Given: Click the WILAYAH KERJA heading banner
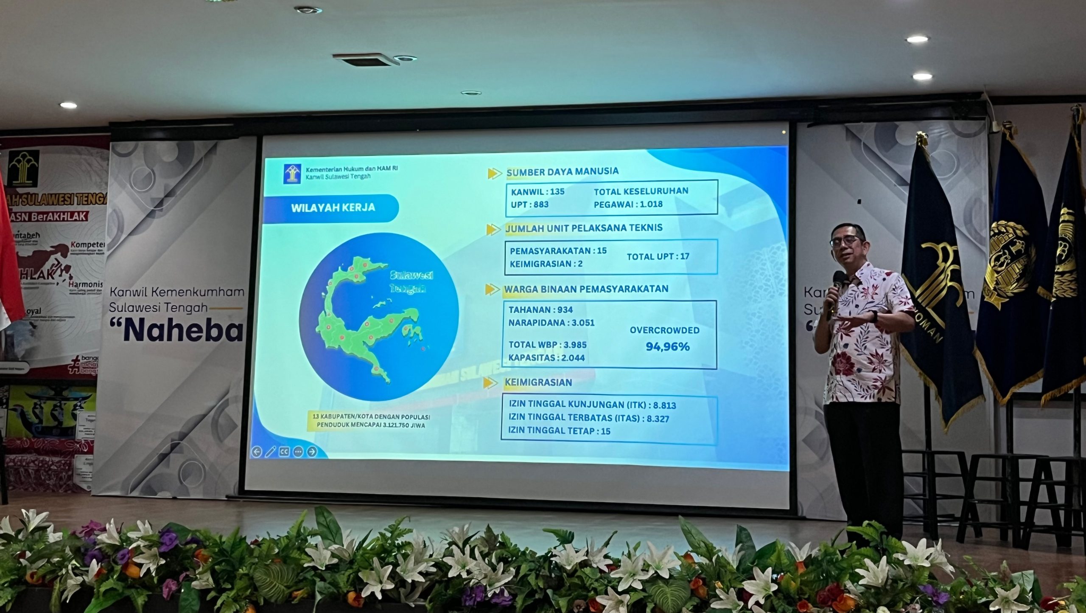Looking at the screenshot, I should coord(333,208).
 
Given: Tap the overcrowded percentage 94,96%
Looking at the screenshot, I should coord(668,347).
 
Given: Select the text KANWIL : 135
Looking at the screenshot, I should coord(537,191).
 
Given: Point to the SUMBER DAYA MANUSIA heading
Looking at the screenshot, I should coord(562,172).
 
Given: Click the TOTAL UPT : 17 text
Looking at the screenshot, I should coord(658,256).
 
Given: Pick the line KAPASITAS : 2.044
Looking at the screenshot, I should coord(546,358).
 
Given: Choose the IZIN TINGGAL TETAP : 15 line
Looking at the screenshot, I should coord(559,431).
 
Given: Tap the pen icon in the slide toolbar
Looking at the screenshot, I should coord(270,452).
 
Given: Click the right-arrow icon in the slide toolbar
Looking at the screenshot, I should coord(312,452).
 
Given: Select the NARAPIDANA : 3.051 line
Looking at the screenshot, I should coord(551,323).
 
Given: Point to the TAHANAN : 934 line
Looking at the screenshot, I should coord(540,309).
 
